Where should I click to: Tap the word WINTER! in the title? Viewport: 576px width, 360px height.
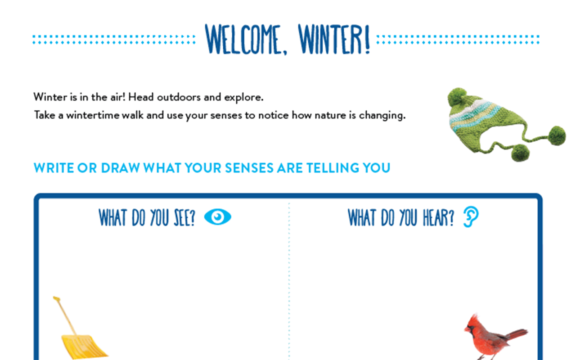pos(334,39)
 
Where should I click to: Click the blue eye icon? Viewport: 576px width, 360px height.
pos(217,217)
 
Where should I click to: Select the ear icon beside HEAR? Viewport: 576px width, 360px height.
pos(471,217)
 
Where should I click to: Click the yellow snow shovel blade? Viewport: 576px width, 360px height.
pos(83,346)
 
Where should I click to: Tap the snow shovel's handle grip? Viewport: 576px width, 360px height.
pos(57,299)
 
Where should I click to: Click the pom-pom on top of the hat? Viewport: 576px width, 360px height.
pos(457,97)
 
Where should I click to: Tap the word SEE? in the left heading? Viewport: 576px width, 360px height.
pos(184,217)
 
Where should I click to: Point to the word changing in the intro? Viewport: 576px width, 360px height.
pos(382,116)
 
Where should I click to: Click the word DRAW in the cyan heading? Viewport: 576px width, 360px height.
pos(120,168)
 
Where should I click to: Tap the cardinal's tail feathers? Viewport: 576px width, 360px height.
pos(517,335)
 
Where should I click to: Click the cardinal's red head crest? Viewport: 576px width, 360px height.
pos(473,319)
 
